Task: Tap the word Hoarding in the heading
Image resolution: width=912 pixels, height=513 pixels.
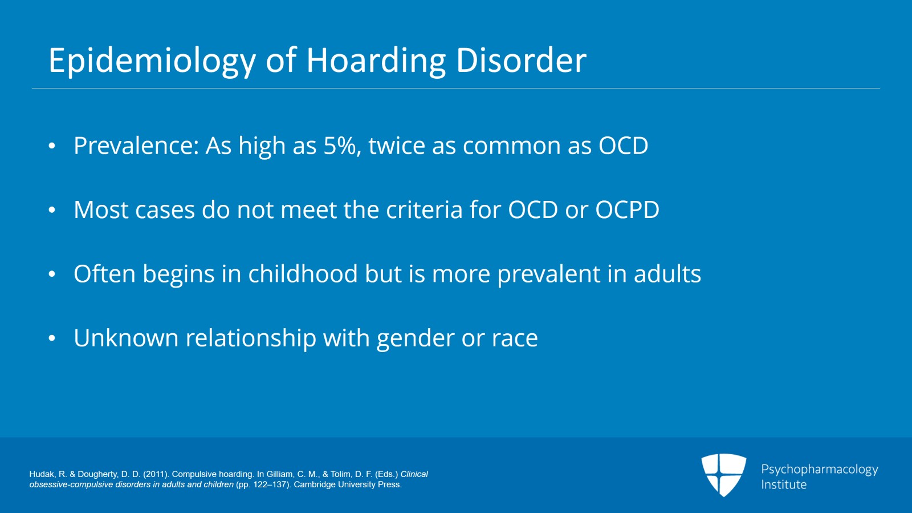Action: (x=376, y=61)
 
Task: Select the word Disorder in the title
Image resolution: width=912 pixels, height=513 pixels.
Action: (x=521, y=60)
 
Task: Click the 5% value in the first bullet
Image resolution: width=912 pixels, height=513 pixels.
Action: (x=341, y=146)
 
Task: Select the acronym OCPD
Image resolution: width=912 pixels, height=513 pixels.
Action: (x=627, y=210)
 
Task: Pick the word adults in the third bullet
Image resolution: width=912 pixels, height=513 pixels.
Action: (x=667, y=274)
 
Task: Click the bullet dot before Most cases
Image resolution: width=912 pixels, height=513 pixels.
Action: (x=52, y=211)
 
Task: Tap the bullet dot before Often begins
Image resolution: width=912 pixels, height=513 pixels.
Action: (x=52, y=274)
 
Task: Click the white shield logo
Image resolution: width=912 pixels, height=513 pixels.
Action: (x=723, y=474)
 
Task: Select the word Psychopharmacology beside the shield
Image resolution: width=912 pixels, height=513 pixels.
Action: (x=819, y=470)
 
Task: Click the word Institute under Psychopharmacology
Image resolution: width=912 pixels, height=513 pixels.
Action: (x=784, y=484)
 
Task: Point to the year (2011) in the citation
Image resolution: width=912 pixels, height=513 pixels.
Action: (x=156, y=474)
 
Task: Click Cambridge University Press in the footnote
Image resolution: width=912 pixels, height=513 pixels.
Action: (x=347, y=484)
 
